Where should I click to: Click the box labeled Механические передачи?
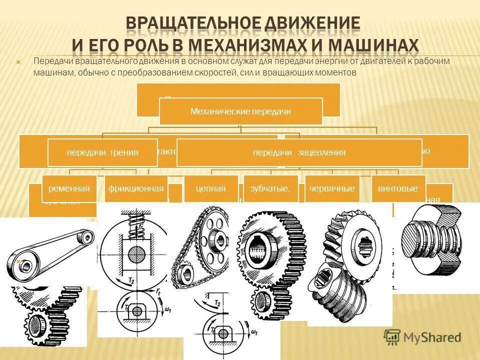point(240,111)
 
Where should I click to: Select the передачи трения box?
point(102,152)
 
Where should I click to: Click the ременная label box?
point(69,188)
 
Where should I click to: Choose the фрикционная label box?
point(136,188)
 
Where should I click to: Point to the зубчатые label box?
point(270,188)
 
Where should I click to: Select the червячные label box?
point(332,188)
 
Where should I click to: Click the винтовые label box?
point(398,188)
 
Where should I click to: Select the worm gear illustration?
point(350,265)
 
